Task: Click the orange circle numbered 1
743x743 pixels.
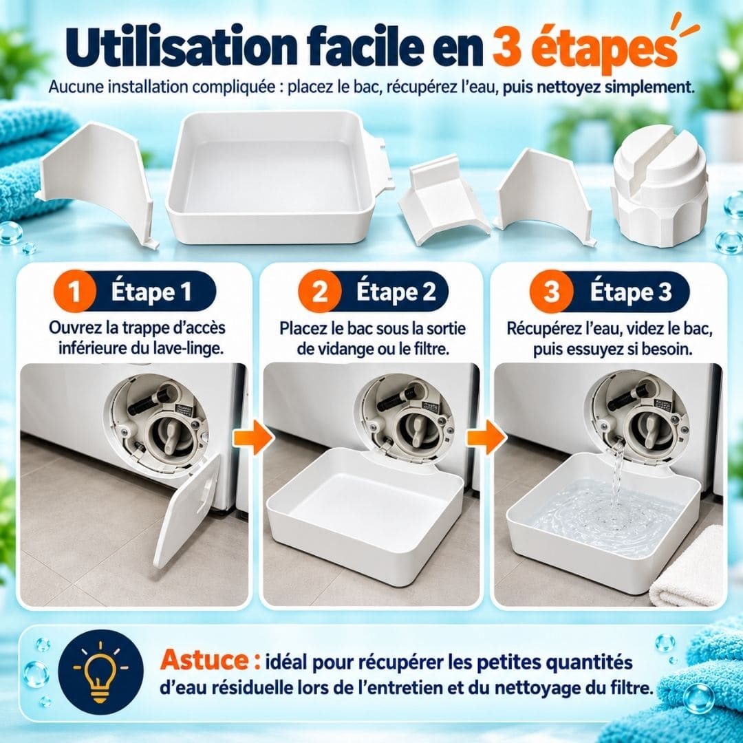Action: point(74,292)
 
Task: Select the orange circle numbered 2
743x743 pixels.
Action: point(319,292)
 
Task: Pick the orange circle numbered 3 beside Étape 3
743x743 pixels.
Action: point(551,292)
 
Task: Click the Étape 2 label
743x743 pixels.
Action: point(396,292)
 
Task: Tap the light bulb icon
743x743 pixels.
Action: point(101,673)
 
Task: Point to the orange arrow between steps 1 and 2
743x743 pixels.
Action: point(254,439)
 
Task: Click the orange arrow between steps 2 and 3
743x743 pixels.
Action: point(486,439)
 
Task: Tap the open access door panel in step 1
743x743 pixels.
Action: point(187,510)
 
